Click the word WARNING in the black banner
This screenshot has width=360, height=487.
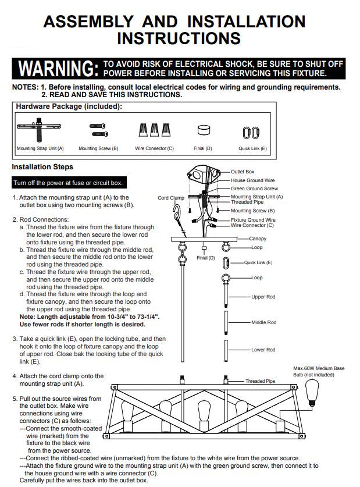click(58, 69)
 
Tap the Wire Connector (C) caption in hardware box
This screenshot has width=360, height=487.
click(154, 148)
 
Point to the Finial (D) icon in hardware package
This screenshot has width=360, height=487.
click(204, 130)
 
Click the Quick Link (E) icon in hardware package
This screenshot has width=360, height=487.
click(251, 133)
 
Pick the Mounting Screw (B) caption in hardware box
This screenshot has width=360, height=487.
click(98, 148)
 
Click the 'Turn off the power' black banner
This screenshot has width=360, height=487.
click(69, 183)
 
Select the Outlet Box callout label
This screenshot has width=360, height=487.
click(243, 172)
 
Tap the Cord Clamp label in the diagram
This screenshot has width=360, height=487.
click(170, 198)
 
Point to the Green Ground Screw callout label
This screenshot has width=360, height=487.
click(254, 189)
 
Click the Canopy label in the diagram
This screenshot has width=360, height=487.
click(258, 239)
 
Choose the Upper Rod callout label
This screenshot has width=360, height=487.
click(263, 297)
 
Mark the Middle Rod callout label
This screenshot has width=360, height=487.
click(264, 322)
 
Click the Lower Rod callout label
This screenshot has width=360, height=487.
click(263, 350)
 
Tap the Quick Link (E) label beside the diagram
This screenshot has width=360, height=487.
click(258, 262)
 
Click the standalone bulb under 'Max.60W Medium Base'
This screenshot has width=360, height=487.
click(312, 393)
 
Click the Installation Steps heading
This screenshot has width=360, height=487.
click(42, 167)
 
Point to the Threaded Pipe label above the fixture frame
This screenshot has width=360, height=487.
click(260, 381)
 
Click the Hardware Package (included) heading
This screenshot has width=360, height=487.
click(69, 106)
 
